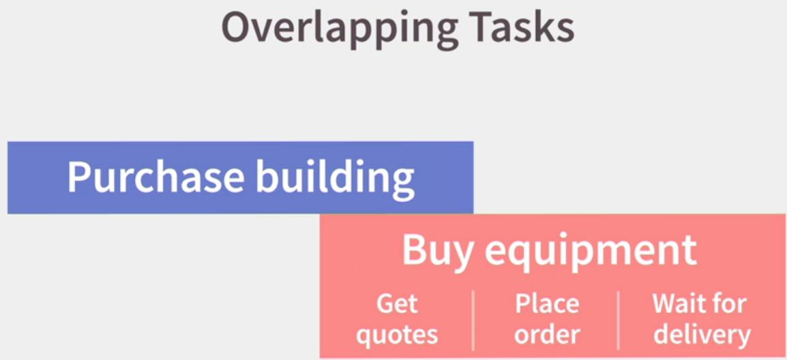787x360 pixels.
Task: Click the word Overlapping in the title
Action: point(340,29)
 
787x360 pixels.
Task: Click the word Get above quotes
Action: point(397,304)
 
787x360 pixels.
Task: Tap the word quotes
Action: point(397,335)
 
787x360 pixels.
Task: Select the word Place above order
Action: point(547,304)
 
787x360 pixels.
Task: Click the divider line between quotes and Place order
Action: point(473,320)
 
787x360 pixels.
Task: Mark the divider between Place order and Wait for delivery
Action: point(619,320)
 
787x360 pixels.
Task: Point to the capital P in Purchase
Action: point(80,177)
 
